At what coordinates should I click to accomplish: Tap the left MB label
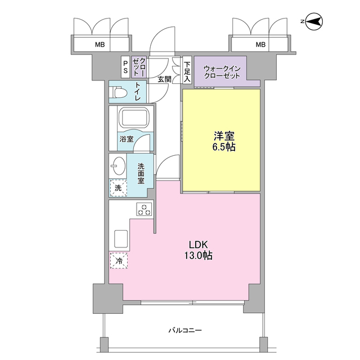(x=99, y=44)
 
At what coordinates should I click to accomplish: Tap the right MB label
(x=260, y=44)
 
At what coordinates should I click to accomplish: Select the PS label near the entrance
(x=125, y=67)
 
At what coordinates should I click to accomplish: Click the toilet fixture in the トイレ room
(x=119, y=91)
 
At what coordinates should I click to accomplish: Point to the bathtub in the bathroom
(x=133, y=119)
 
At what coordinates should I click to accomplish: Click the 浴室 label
(x=126, y=139)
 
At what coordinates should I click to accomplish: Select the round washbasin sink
(x=119, y=166)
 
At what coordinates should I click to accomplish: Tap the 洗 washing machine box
(x=118, y=187)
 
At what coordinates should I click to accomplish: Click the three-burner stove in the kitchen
(x=145, y=210)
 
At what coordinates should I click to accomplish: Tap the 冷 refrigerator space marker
(x=118, y=261)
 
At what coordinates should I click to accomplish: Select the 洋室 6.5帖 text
(x=223, y=141)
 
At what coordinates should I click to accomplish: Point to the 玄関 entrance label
(x=164, y=79)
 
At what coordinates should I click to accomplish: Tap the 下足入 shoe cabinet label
(x=187, y=67)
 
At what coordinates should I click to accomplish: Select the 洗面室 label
(x=140, y=174)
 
